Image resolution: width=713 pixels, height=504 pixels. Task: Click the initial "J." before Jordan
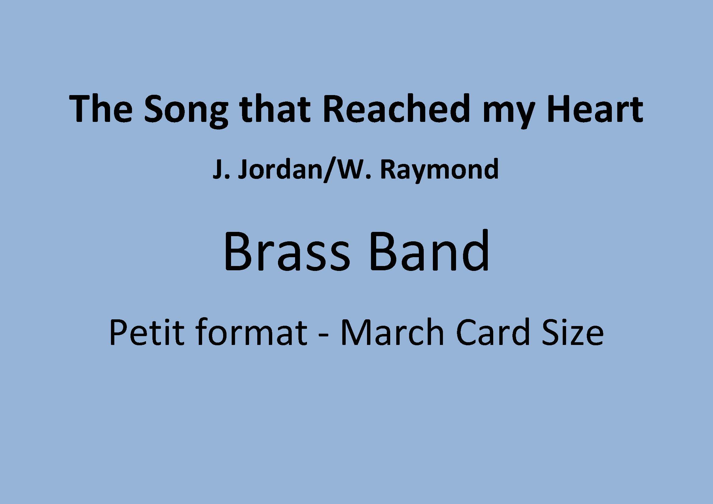coord(221,169)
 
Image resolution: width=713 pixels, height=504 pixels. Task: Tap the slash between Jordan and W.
coord(329,171)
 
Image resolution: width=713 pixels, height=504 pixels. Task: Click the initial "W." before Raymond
coord(354,169)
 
